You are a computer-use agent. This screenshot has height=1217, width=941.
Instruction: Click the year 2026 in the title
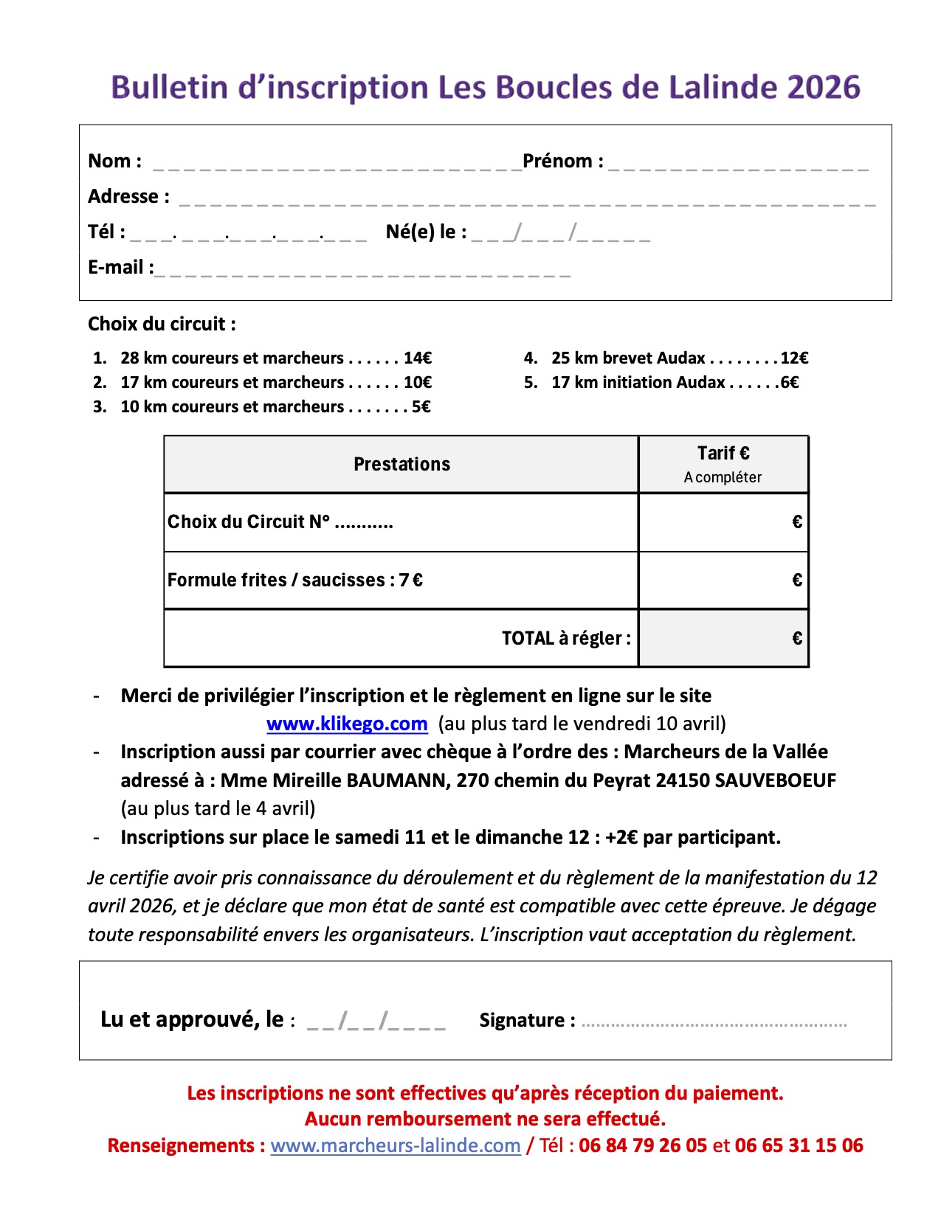824,88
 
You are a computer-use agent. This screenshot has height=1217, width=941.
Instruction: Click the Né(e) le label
426,232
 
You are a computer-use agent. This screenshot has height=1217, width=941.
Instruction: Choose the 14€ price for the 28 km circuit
417,358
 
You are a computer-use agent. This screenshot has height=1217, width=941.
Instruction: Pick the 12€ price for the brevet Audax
794,358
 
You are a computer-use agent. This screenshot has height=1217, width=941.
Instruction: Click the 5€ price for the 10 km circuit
421,407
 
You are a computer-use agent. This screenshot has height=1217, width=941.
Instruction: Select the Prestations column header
401,465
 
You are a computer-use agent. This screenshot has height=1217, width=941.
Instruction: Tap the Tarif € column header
723,454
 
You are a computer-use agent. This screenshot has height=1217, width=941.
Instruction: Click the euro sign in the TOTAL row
797,639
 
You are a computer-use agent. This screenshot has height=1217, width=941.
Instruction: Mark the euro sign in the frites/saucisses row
797,580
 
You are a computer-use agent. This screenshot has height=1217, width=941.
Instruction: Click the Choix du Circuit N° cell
280,522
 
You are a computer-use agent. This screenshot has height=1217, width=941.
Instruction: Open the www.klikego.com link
347,724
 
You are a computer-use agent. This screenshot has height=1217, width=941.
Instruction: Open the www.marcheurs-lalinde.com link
396,1146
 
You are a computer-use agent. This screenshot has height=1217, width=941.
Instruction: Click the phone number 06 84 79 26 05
643,1146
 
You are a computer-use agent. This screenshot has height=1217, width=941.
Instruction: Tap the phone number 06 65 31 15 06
799,1146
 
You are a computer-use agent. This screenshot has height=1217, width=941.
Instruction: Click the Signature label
527,1021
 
